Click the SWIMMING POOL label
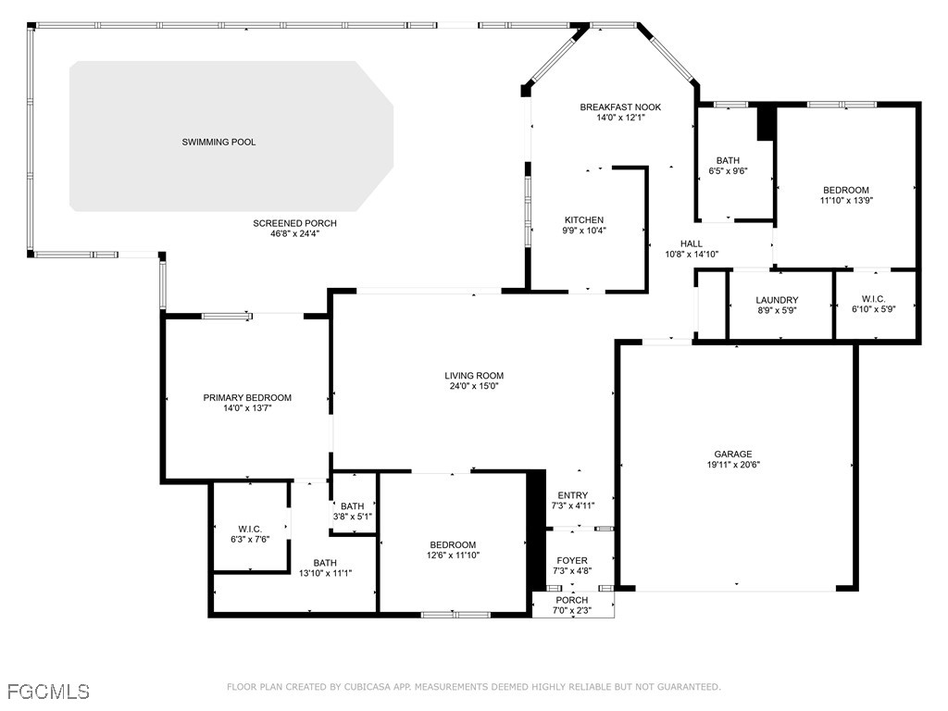click(218, 142)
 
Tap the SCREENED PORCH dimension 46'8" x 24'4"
click(295, 233)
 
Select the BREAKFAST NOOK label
click(620, 107)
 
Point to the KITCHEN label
click(584, 220)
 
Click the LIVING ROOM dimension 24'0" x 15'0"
click(474, 386)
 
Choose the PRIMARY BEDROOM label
click(247, 398)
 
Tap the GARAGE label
click(733, 454)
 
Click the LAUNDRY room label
click(777, 300)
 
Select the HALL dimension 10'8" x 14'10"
click(692, 254)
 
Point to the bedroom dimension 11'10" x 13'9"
click(846, 200)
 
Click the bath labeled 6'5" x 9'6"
click(728, 165)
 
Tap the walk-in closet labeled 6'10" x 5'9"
click(874, 304)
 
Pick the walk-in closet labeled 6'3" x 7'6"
click(250, 534)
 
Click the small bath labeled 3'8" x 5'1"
click(353, 511)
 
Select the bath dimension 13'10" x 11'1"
click(325, 573)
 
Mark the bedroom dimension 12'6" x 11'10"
click(454, 555)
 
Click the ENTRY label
click(572, 495)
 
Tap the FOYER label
click(572, 560)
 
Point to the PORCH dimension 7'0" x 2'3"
click(572, 611)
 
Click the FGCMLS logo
click(48, 692)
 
